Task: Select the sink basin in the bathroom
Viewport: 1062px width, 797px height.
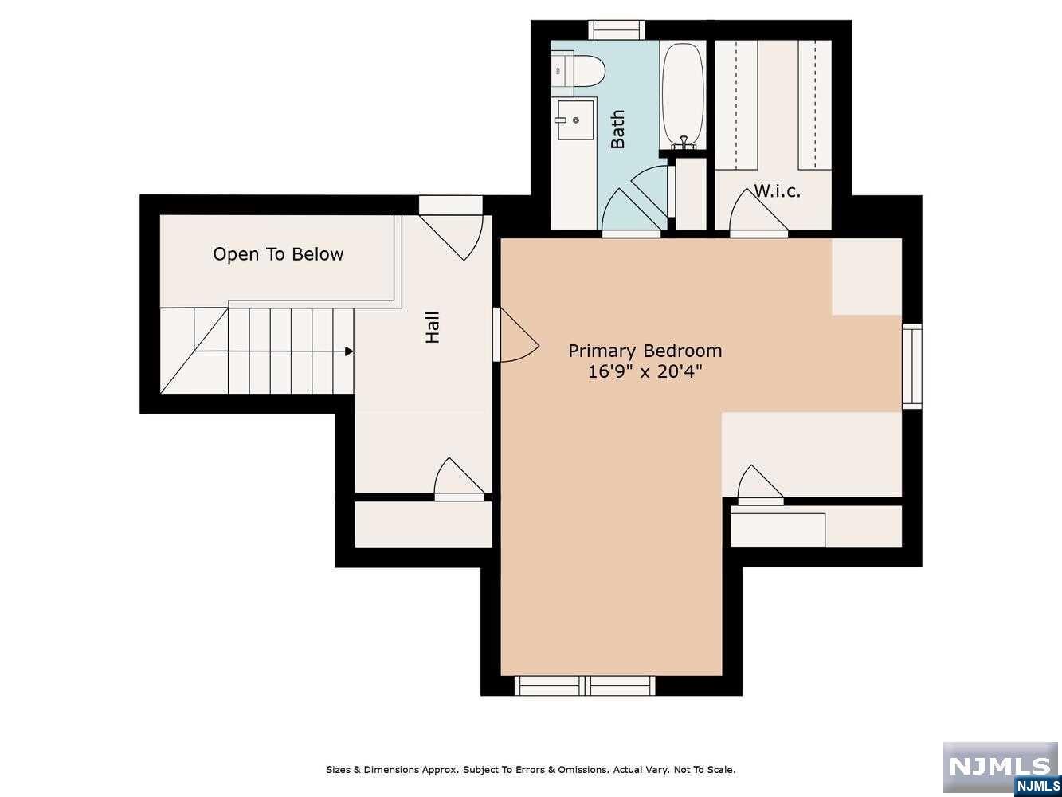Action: pos(575,120)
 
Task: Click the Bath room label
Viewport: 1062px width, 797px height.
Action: pos(617,129)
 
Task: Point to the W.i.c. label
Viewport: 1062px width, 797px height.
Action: pos(777,191)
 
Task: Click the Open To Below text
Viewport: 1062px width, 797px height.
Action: pos(278,254)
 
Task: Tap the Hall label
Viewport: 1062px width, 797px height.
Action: pos(432,327)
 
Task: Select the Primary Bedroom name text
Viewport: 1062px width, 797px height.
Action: pos(645,351)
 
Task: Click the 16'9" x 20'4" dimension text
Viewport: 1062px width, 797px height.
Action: pos(645,371)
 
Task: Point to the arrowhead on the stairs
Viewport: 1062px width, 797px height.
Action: pos(349,351)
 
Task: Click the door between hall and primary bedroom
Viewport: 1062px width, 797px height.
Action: pos(515,335)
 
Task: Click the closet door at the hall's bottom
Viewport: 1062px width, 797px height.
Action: pos(460,479)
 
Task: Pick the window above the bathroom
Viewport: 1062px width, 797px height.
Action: pos(616,30)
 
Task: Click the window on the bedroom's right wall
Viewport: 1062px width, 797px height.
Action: pos(912,366)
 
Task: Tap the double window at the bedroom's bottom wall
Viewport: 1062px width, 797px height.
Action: pos(585,685)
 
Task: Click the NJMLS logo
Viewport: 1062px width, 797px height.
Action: pos(1000,768)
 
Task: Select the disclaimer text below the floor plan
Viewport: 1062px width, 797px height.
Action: pos(531,769)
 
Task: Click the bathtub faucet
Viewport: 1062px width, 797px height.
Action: pos(683,141)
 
